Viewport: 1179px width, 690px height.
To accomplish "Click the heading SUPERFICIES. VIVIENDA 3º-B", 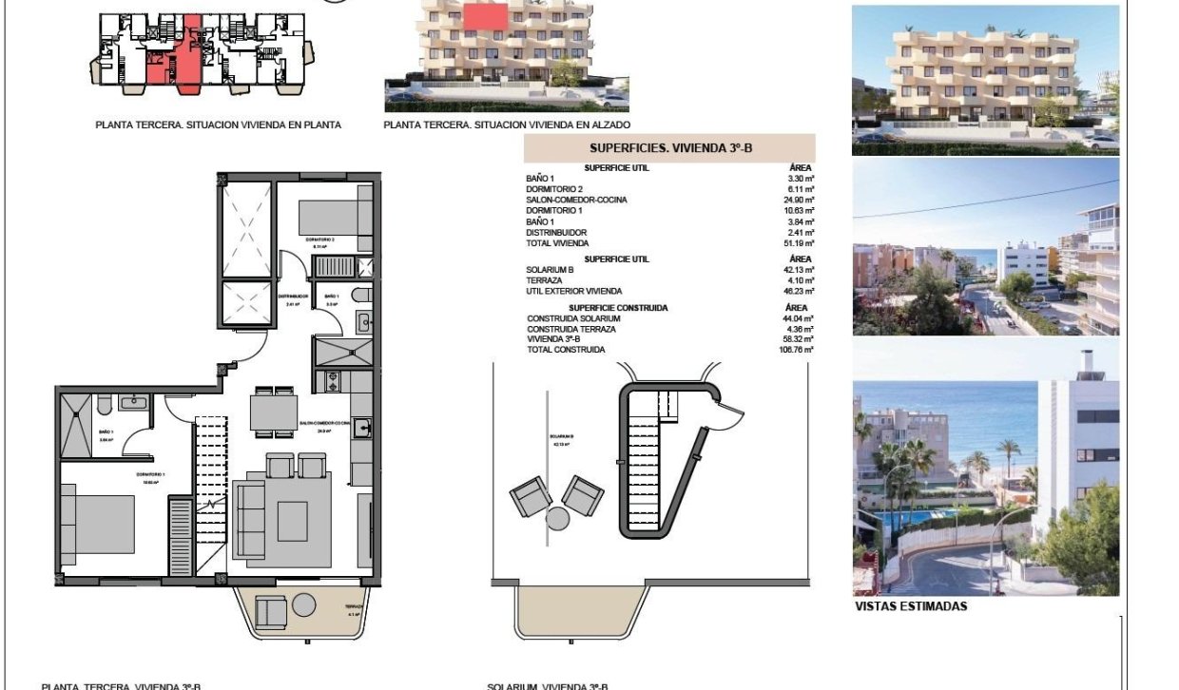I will [669, 147].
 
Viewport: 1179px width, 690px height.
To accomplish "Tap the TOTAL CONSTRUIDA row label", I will [566, 350].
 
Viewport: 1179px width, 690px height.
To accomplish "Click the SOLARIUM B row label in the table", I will [550, 270].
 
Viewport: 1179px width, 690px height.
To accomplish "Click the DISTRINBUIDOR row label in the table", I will [556, 233].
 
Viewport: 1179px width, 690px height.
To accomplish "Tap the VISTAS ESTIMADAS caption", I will [911, 606].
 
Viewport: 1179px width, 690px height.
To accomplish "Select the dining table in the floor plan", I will [273, 412].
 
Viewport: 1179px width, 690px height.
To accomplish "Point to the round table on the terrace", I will [303, 604].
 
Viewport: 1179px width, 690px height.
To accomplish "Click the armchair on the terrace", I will [271, 612].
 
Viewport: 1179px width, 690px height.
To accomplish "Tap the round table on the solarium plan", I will [557, 518].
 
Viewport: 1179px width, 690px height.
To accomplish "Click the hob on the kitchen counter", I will [333, 382].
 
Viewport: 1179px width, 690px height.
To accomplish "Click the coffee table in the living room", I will [292, 520].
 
